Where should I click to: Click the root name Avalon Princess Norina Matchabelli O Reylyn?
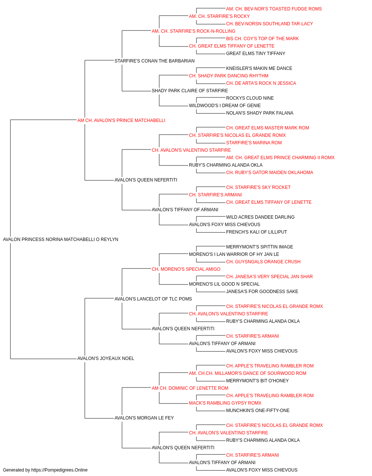(61, 239)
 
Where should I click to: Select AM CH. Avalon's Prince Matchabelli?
(121, 120)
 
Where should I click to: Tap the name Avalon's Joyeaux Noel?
(106, 358)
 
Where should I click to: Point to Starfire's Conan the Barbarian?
(154, 61)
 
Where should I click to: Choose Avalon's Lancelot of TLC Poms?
(153, 299)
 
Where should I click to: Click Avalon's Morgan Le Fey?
(144, 418)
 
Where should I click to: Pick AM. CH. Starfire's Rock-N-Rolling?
(193, 31)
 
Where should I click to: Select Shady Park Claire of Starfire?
(190, 91)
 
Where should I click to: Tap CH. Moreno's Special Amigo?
(186, 269)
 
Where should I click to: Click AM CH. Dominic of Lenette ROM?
(190, 388)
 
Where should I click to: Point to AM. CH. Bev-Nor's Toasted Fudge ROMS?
(274, 9)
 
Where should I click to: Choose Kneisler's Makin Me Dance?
(259, 68)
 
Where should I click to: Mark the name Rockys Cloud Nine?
(250, 98)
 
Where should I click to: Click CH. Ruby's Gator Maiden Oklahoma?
(270, 173)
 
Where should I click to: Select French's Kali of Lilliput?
(257, 232)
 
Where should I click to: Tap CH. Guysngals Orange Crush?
(263, 262)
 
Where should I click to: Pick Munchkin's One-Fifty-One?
(258, 411)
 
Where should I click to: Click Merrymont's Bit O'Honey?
(257, 381)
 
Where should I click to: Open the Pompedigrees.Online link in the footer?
(59, 470)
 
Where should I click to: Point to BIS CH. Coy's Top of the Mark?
(263, 39)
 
